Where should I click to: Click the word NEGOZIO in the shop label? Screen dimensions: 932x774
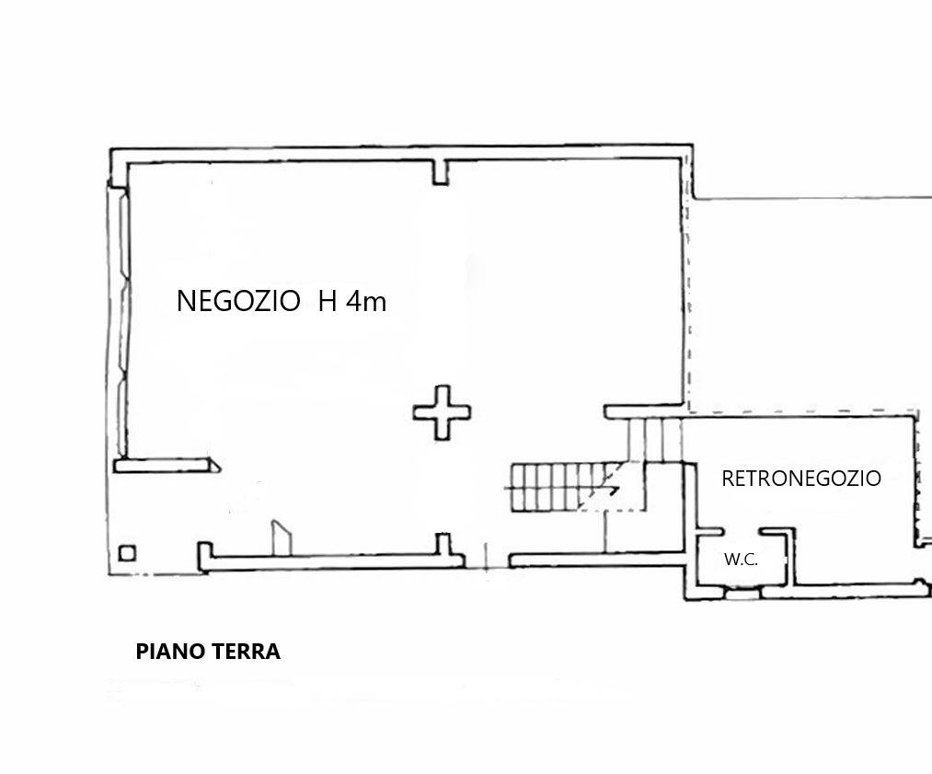[238, 301]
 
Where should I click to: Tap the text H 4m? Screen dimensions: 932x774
[352, 301]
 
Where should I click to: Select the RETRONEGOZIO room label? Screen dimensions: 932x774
[800, 479]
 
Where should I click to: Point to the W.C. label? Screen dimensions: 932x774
[741, 560]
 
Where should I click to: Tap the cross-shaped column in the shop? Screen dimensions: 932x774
[442, 412]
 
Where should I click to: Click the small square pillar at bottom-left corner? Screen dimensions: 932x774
[127, 553]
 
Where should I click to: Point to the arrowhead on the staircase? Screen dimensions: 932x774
[612, 488]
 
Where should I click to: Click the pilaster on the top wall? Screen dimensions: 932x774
[441, 172]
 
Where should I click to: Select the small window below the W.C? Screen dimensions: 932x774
[742, 593]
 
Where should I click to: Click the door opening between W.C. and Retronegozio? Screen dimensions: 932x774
[743, 531]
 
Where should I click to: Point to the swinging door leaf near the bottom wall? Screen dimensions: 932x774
[282, 538]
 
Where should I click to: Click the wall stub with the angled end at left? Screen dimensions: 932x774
[167, 466]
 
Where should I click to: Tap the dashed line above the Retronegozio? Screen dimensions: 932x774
[803, 411]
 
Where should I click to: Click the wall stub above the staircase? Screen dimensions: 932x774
[643, 412]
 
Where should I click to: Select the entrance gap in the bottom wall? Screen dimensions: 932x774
[487, 560]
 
